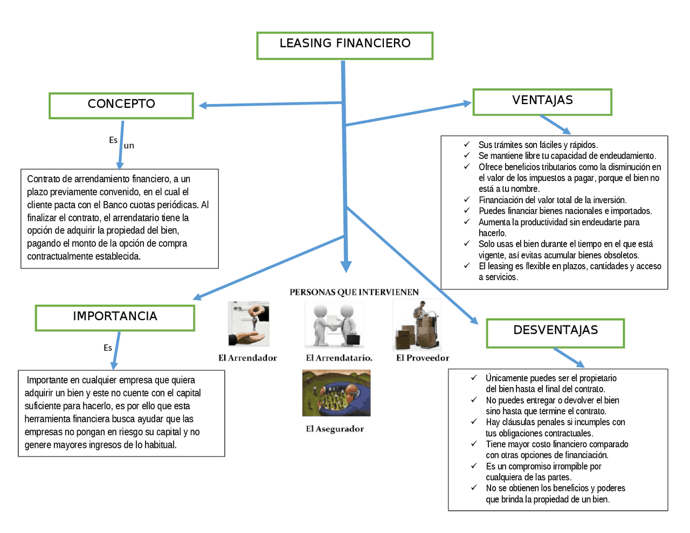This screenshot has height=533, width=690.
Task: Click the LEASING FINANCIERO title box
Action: [344, 45]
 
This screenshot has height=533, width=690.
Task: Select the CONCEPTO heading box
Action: [121, 105]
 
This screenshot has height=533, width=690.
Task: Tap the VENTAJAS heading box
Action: [542, 102]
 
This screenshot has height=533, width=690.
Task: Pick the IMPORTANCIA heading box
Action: [115, 317]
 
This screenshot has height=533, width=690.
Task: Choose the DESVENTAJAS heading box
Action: [555, 333]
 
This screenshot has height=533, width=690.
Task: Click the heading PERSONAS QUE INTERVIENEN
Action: [354, 292]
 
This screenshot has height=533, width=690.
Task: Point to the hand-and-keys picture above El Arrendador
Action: [249, 324]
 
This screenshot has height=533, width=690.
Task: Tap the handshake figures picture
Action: [335, 324]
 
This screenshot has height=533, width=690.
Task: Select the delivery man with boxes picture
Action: [418, 325]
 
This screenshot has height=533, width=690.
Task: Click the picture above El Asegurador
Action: [336, 393]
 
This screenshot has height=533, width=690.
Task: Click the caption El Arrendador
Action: [247, 358]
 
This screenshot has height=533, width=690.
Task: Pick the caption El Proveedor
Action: [423, 358]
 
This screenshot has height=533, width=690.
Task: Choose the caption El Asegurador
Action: [335, 429]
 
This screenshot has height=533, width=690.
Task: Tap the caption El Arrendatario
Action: [339, 358]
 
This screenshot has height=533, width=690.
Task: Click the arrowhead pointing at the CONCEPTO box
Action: [203, 106]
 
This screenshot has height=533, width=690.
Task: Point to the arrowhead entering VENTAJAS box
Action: [467, 103]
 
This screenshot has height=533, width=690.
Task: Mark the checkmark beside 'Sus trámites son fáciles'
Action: [467, 144]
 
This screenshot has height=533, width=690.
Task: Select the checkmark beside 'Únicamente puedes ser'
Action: [474, 378]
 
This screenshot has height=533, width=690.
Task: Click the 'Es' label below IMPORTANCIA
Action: [108, 348]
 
